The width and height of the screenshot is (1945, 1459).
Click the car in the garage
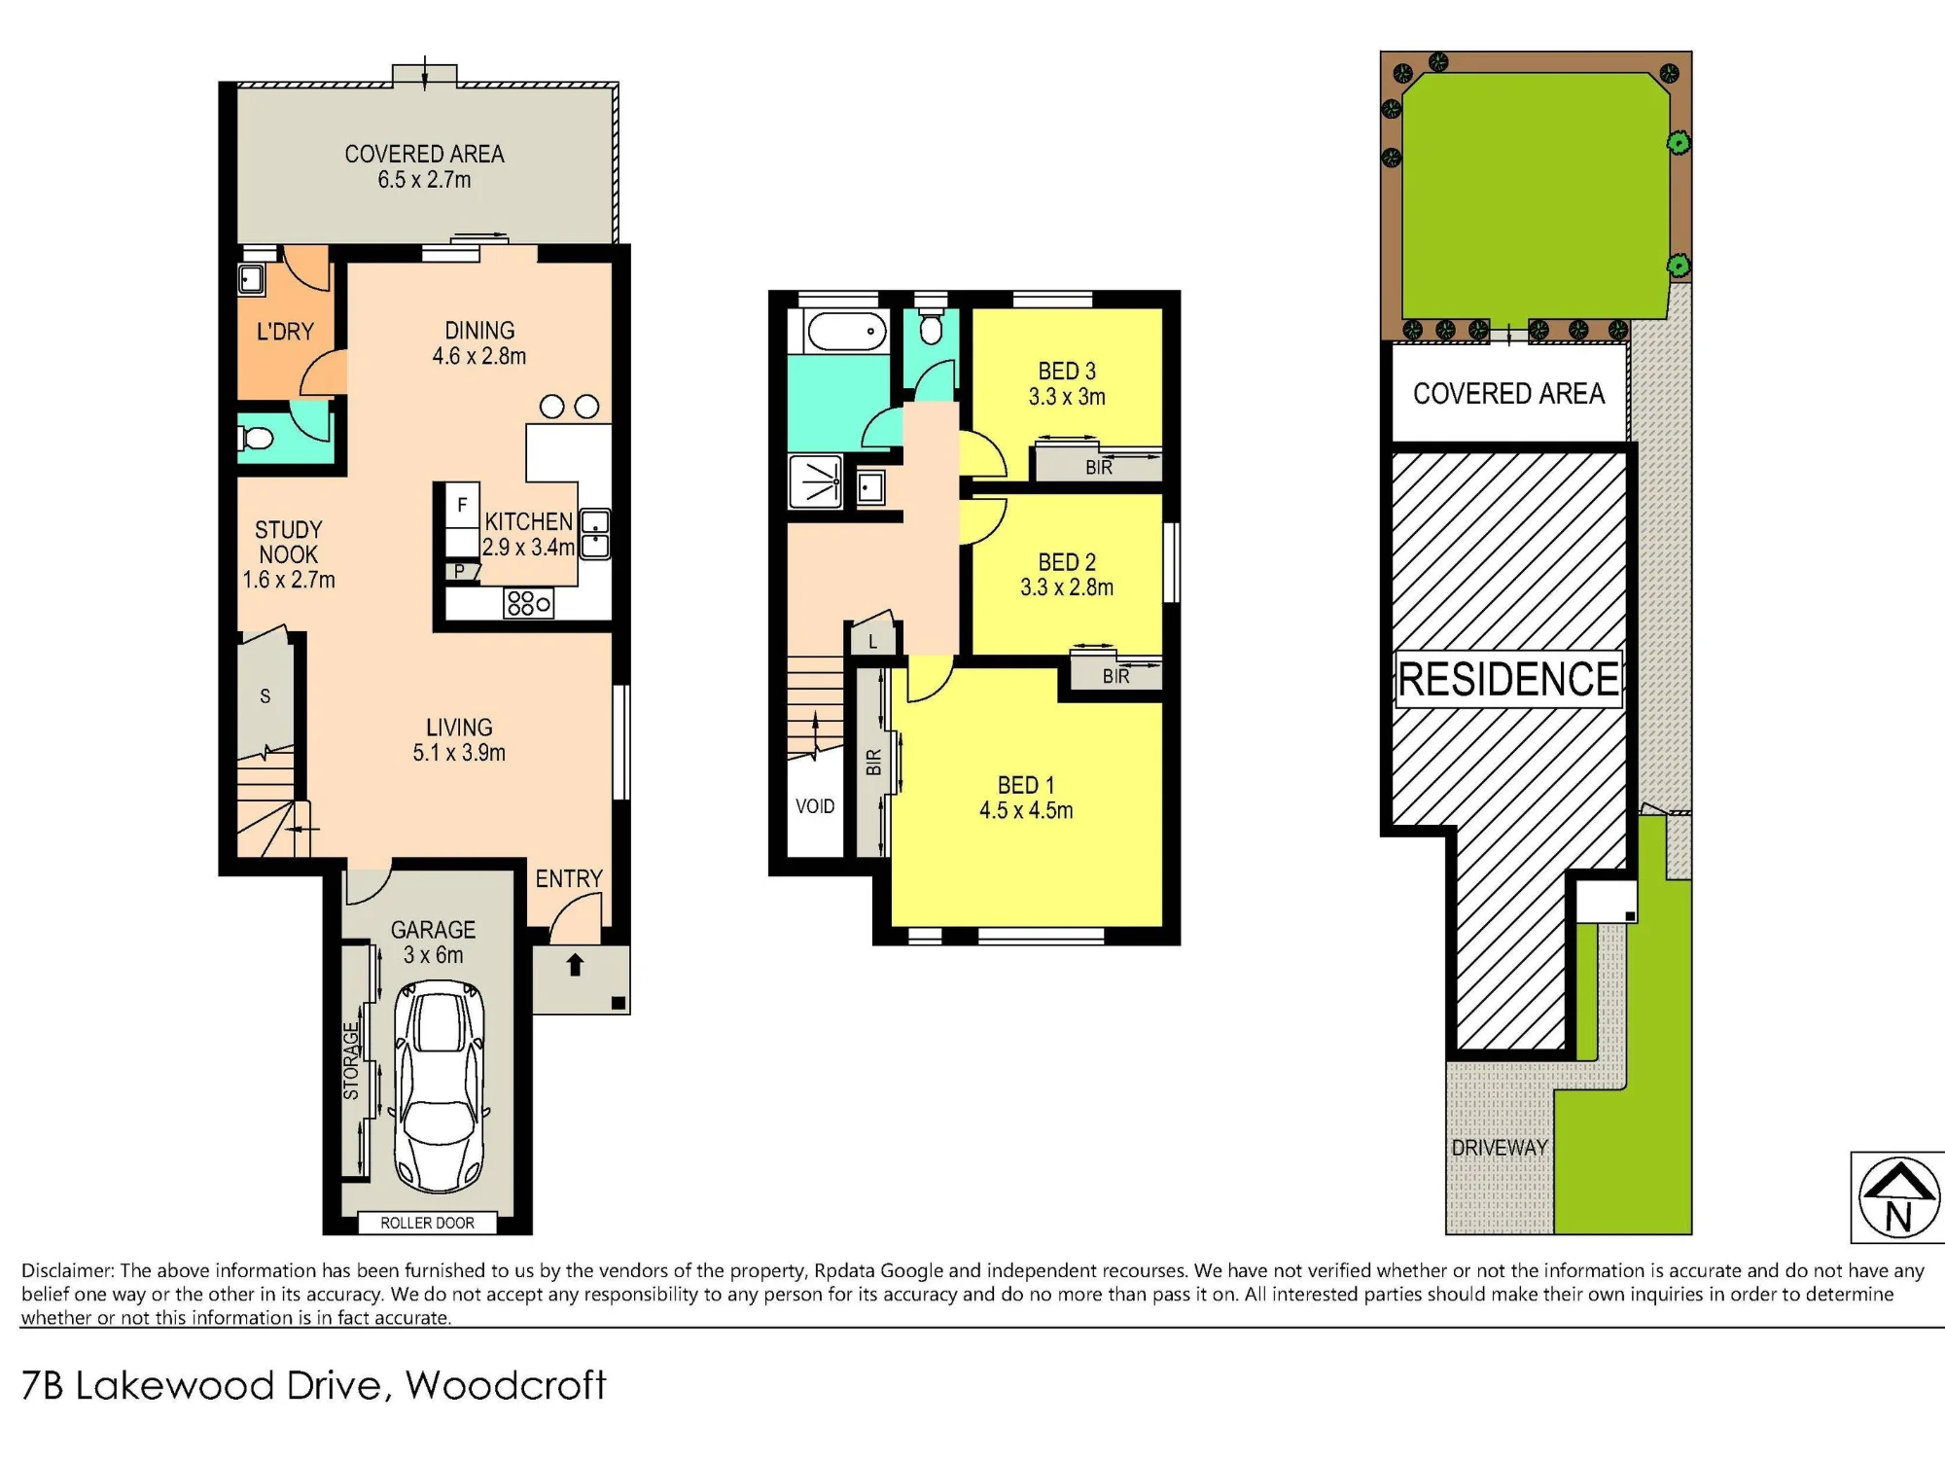tap(439, 1085)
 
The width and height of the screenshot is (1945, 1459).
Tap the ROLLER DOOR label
tap(427, 1223)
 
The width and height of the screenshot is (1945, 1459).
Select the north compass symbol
tap(1897, 1197)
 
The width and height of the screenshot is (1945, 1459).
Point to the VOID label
tap(815, 806)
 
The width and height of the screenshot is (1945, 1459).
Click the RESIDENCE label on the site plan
tap(1508, 679)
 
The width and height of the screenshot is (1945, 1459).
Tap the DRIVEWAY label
tap(1499, 1148)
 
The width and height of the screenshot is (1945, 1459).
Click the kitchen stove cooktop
tap(528, 603)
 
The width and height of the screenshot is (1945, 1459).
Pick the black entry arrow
tap(575, 964)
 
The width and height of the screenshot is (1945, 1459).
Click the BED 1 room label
tap(1026, 785)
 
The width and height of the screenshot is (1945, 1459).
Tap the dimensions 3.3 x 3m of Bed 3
tap(1067, 397)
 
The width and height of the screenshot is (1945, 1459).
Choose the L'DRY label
tap(285, 332)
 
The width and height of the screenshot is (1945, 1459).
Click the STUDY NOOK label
tap(288, 542)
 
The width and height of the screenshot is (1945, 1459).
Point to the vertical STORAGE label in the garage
tap(351, 1060)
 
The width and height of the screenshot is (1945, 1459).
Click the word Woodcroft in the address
tap(506, 1385)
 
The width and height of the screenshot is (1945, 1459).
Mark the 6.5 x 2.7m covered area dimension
tap(424, 180)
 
